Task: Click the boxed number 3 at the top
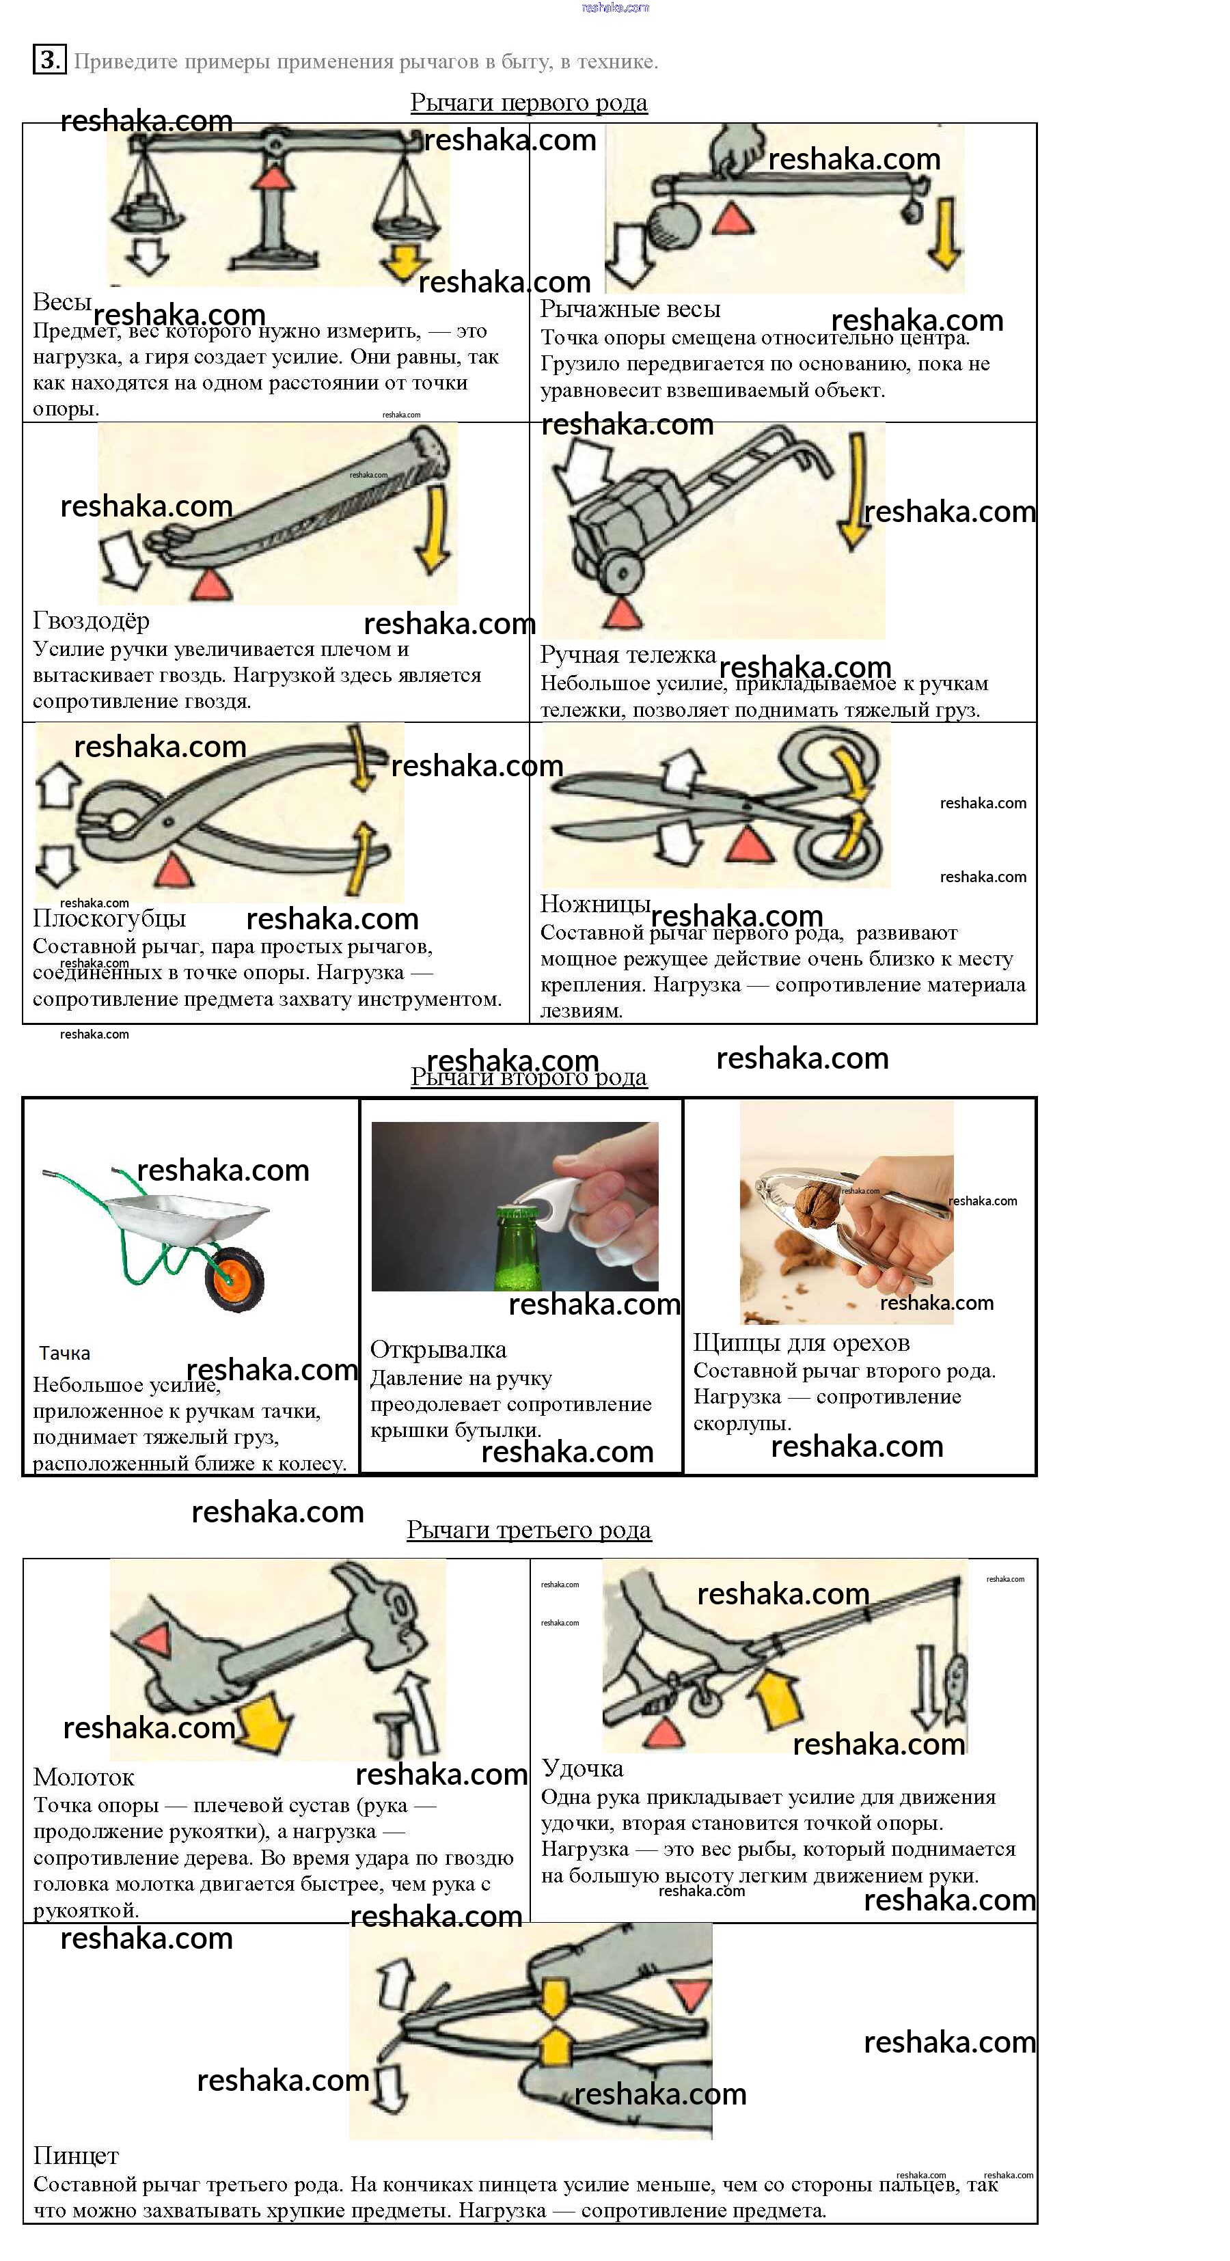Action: (x=49, y=59)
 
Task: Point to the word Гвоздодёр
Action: (x=92, y=620)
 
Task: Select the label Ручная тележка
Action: (x=628, y=655)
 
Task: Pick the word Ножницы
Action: (x=595, y=904)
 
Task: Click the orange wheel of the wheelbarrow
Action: (x=235, y=1280)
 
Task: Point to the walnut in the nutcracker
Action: (x=819, y=1203)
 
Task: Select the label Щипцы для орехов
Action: (x=801, y=1343)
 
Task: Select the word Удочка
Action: (x=582, y=1768)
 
